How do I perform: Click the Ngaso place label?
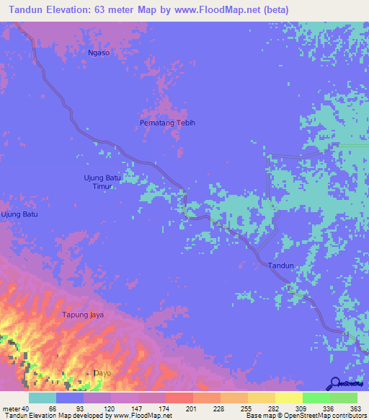pos(98,53)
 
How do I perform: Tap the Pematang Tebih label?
pos(167,123)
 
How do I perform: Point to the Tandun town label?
pos(280,266)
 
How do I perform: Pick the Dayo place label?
pos(103,372)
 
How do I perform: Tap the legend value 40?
pos(25,408)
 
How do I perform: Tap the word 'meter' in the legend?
pos(10,408)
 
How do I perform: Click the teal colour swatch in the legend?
pos(43,398)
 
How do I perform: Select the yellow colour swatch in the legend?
pos(288,398)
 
